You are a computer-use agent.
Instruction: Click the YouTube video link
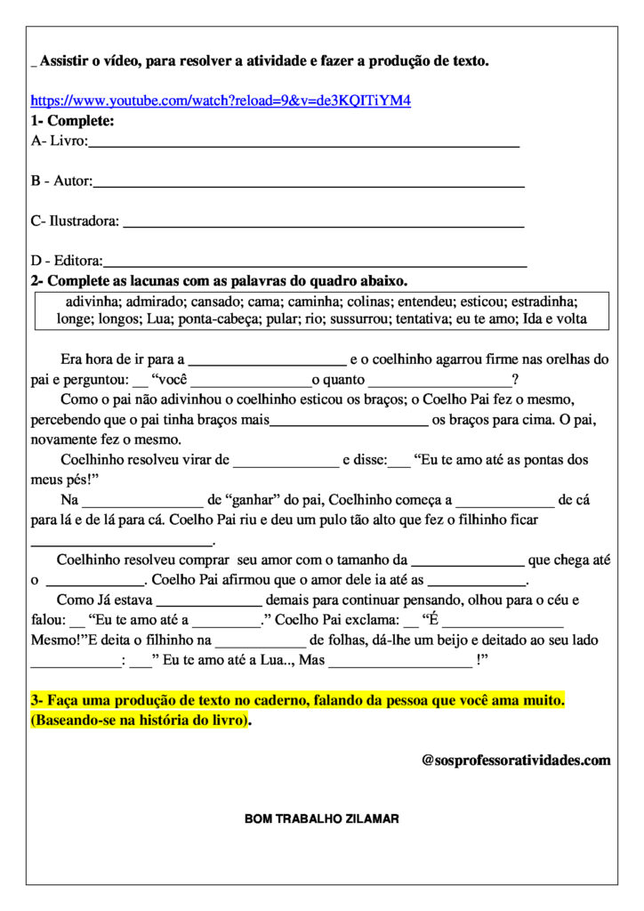221,101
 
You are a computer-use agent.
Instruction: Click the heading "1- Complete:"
72,121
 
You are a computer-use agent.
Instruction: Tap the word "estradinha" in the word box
546,302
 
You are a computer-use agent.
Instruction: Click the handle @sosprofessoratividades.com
516,761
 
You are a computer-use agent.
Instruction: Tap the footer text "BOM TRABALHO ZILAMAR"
321,818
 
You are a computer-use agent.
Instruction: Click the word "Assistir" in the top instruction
64,60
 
